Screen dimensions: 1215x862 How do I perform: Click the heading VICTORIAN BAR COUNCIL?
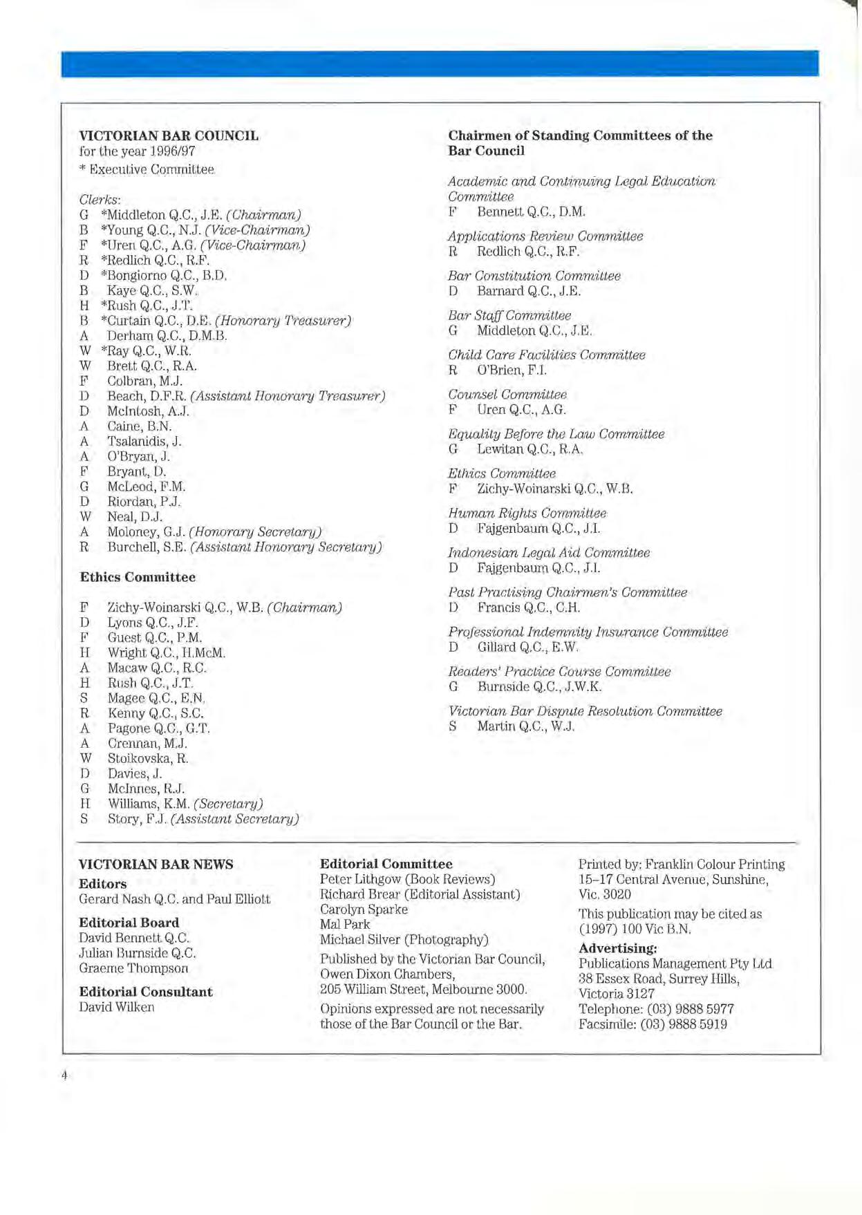169,135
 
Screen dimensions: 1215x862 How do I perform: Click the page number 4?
64,1075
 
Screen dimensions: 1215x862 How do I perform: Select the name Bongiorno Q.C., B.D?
167,275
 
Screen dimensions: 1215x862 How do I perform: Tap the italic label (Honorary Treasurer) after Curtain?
283,321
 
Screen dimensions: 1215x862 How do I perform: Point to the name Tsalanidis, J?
144,441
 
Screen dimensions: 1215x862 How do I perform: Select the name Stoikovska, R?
148,758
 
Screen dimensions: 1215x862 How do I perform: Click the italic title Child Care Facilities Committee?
546,355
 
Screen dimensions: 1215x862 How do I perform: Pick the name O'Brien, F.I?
512,370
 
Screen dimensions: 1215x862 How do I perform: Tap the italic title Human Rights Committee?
527,513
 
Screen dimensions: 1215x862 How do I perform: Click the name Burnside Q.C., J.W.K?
539,686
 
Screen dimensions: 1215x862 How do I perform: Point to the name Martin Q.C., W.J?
525,726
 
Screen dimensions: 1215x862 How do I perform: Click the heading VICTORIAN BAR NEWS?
156,864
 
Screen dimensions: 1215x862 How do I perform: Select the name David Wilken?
116,1007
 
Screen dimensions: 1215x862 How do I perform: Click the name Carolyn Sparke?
364,909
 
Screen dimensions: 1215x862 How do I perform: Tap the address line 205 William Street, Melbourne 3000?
423,989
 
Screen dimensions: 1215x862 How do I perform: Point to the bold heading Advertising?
617,948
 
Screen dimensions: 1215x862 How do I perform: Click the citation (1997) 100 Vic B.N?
634,929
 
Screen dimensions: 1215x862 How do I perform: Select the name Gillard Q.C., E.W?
527,647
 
